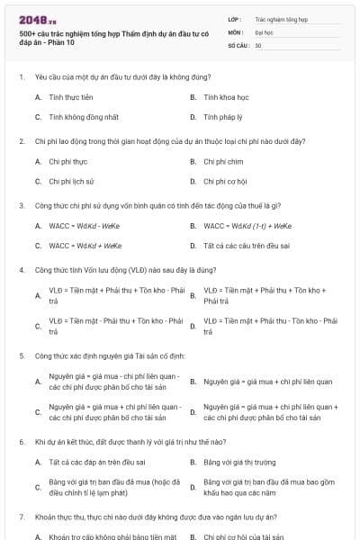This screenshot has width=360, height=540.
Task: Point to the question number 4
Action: [x=20, y=270]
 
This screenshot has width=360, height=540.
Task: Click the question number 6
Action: [x=20, y=443]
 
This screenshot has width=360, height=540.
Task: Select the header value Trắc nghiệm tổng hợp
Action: [x=281, y=18]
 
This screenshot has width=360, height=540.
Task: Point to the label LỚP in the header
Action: [x=234, y=18]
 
